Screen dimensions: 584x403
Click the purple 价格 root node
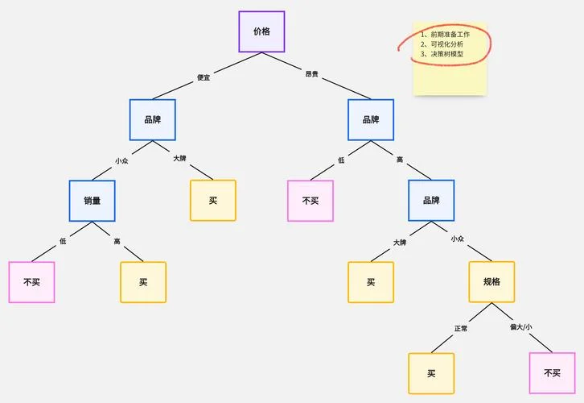tap(261, 31)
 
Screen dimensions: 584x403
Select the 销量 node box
tap(92, 201)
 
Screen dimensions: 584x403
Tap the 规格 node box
tap(491, 282)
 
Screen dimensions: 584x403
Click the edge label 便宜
tap(204, 77)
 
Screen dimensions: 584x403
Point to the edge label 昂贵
tap(312, 74)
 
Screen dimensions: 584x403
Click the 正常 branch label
tap(461, 328)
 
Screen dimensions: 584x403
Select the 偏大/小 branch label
tap(520, 327)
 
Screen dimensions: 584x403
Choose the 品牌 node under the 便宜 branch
tap(153, 120)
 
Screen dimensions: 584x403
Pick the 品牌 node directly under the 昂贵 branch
tap(371, 120)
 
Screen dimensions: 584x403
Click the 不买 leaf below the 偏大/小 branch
tap(552, 373)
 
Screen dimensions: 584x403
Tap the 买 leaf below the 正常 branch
tap(431, 373)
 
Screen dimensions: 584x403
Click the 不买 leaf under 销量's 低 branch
tap(31, 282)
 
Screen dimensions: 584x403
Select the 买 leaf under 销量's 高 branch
tap(143, 282)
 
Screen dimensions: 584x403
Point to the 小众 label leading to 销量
tap(121, 161)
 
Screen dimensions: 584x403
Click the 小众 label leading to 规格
tap(458, 239)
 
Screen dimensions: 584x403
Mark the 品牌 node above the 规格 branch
tap(431, 201)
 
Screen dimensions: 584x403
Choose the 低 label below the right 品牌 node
tap(341, 160)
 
